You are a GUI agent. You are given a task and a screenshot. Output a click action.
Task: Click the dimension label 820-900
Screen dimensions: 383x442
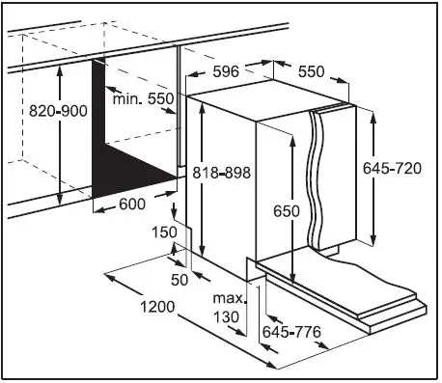tap(32, 111)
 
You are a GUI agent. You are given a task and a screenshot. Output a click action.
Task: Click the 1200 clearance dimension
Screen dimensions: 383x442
tap(154, 308)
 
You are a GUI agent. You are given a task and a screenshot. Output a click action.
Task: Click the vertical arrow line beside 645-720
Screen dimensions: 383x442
tap(373, 178)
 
